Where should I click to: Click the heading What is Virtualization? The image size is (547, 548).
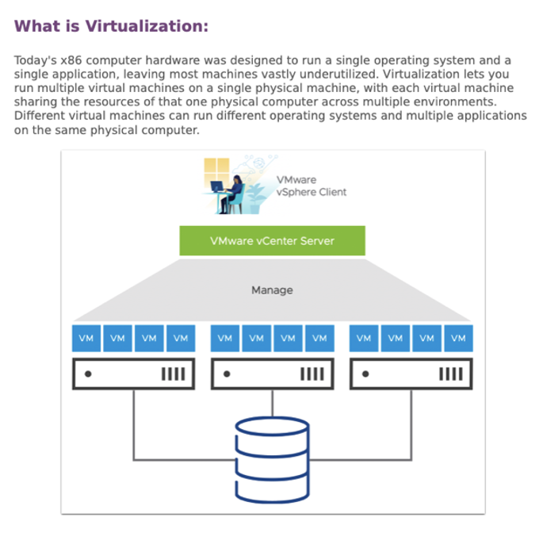(x=111, y=26)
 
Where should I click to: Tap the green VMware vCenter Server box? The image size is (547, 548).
(x=272, y=241)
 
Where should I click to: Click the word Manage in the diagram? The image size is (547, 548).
(x=272, y=290)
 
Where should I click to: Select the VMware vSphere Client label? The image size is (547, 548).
(x=311, y=186)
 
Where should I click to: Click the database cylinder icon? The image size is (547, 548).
(x=272, y=460)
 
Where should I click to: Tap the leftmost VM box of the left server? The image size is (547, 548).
(x=86, y=339)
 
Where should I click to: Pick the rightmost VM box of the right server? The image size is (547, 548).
(x=458, y=339)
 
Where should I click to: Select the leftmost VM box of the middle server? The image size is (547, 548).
(x=225, y=339)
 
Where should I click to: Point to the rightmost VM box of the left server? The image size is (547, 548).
(x=181, y=339)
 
